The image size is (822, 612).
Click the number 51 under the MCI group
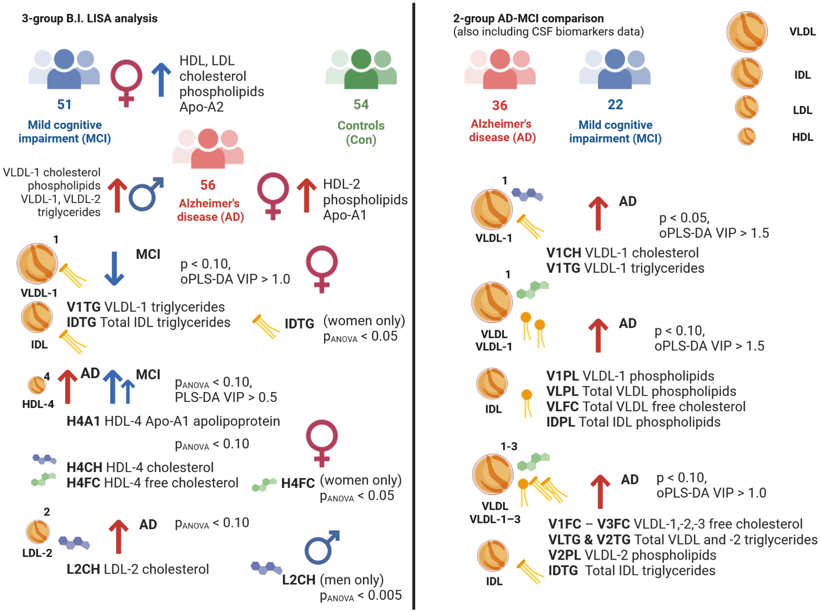pos(64,104)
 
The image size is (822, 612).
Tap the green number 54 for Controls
pos(361,104)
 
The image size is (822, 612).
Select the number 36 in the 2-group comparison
pos(499,106)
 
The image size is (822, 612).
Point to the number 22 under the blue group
pos(615,104)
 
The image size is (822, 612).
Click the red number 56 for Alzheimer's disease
pos(207,185)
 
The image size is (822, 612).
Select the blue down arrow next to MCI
pos(114,268)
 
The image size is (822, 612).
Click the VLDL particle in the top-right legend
pos(747,32)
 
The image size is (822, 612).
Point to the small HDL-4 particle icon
pos(37,385)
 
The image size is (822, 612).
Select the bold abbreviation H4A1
pos(83,421)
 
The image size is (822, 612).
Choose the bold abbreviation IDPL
pos(561,422)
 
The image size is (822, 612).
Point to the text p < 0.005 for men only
pos(361,595)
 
